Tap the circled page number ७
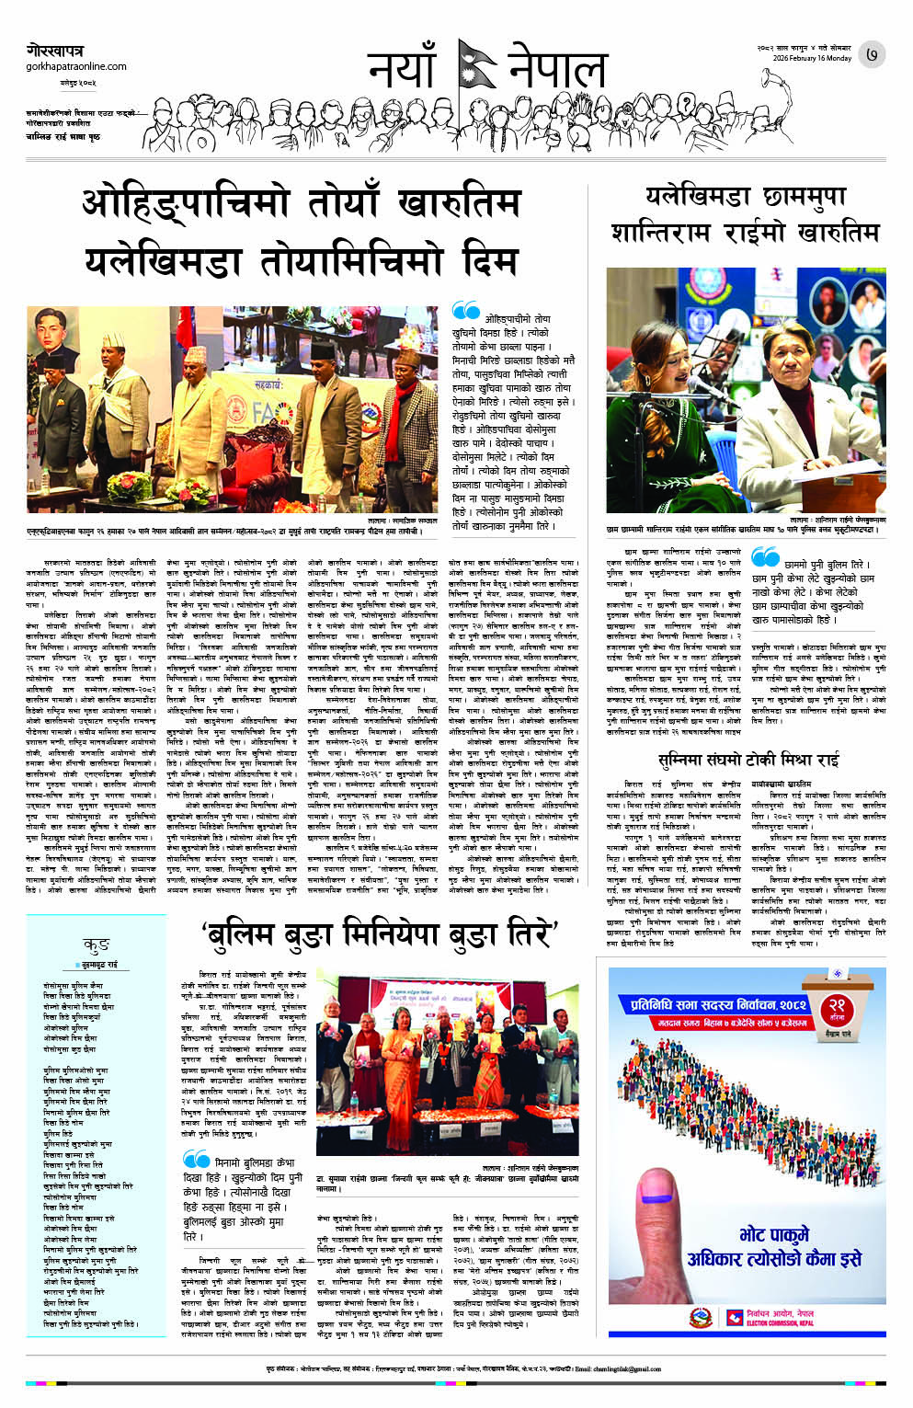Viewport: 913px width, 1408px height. (x=872, y=55)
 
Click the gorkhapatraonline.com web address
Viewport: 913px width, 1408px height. (x=76, y=66)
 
